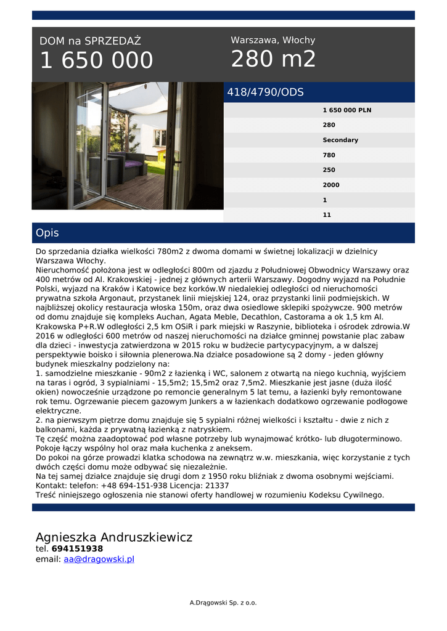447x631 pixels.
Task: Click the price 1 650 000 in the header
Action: point(96,60)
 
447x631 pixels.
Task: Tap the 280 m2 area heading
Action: point(273,59)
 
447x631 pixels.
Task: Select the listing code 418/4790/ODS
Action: point(266,92)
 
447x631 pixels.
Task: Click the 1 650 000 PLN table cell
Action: point(347,110)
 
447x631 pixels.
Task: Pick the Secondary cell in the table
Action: point(340,140)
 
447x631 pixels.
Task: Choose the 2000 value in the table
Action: point(330,185)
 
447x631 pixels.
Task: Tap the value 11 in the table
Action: point(327,215)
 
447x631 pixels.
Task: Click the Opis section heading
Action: point(47,233)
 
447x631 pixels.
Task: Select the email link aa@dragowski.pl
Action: point(99,560)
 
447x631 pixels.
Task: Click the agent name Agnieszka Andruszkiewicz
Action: point(114,537)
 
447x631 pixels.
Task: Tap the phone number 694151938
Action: point(77,548)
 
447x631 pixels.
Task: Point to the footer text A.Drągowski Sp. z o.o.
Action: point(223,603)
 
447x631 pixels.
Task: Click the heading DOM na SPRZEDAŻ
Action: point(90,41)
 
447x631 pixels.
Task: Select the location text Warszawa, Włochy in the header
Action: point(273,40)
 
